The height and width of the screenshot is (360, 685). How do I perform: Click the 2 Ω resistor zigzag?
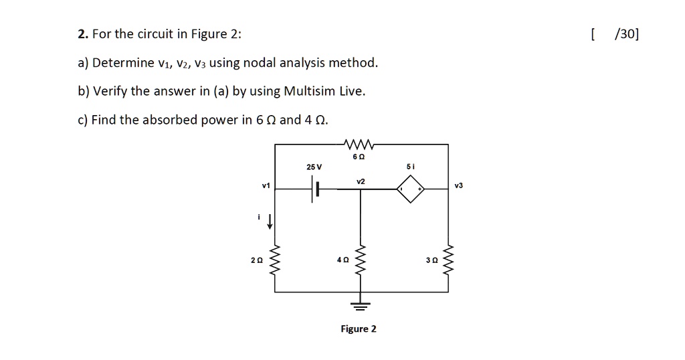click(272, 260)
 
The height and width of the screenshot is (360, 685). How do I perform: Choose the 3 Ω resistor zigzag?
click(448, 260)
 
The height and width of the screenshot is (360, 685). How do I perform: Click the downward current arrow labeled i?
click(270, 221)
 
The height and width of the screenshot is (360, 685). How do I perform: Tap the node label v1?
click(266, 185)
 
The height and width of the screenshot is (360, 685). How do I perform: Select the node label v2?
click(361, 181)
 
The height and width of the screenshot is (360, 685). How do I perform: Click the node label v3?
click(458, 185)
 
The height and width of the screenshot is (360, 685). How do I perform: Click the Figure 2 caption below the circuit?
click(359, 329)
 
